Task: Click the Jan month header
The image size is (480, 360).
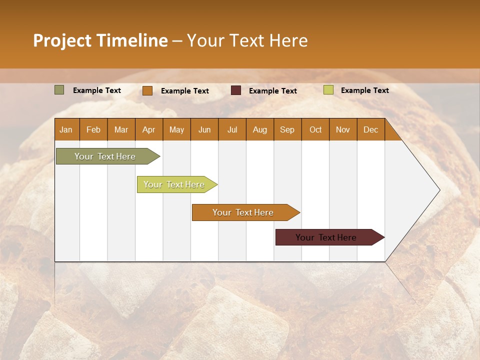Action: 66,130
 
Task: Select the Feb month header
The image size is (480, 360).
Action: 93,130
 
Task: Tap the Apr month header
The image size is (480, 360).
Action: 149,130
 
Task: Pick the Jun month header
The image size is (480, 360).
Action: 204,130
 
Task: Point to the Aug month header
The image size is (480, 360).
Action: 260,130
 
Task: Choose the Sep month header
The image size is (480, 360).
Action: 287,130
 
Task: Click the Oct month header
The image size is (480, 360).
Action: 315,130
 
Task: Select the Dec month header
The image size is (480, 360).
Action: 371,130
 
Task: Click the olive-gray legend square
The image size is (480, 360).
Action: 59,90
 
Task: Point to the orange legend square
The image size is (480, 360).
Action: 147,90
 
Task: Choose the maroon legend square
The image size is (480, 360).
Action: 235,90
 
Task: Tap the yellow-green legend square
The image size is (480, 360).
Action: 328,90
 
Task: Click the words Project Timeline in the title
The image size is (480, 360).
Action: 100,40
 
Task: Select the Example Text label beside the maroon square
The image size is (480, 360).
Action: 273,91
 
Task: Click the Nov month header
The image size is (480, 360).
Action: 343,130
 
